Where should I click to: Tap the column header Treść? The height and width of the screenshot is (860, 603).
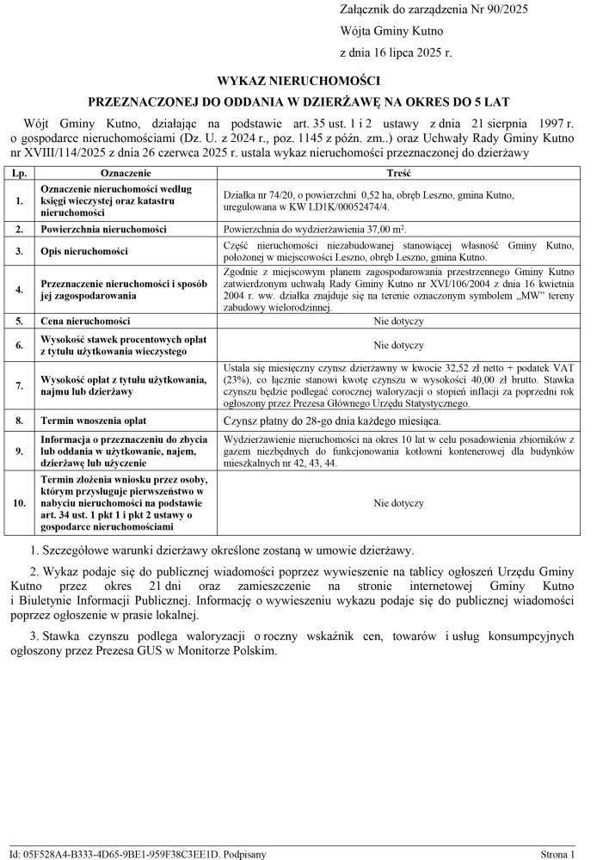point(398,173)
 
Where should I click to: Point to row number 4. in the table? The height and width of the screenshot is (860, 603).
point(19,289)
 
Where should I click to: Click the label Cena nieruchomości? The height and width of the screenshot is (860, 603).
point(87,320)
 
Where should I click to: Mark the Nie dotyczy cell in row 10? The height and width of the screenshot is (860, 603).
point(398,503)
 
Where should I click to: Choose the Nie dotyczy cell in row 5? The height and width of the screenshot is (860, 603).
point(398,320)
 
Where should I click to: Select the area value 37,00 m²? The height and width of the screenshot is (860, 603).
point(381,229)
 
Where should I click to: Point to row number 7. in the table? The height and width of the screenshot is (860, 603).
point(19,384)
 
